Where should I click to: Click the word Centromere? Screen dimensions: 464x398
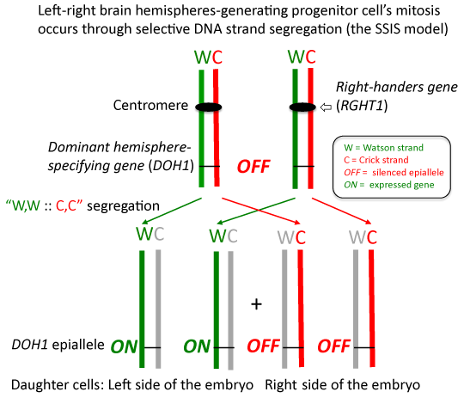tap(150, 105)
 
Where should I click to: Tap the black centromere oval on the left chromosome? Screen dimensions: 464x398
tap(208, 107)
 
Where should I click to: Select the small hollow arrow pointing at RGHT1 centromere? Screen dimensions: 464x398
tap(327, 107)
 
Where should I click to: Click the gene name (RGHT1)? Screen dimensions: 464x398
tap(362, 106)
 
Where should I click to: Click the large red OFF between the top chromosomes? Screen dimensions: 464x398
tap(253, 166)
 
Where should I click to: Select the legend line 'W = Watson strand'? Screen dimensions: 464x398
tap(383, 148)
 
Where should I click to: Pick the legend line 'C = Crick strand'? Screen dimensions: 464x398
tap(376, 160)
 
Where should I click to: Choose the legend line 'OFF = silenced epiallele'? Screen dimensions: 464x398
tap(394, 172)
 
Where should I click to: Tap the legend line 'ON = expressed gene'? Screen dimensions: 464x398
tap(389, 185)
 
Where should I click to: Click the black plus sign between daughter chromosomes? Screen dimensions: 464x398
tap(256, 304)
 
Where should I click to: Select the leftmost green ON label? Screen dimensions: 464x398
tap(124, 346)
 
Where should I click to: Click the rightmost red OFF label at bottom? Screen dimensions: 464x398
tap(333, 346)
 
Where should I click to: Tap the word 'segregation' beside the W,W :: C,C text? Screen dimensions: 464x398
tap(123, 205)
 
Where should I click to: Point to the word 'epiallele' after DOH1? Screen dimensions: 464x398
tap(78, 345)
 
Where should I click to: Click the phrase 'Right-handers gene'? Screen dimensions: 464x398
tap(397, 87)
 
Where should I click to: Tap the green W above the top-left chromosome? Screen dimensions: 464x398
tap(203, 57)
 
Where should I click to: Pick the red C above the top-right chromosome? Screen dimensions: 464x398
tap(310, 57)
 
